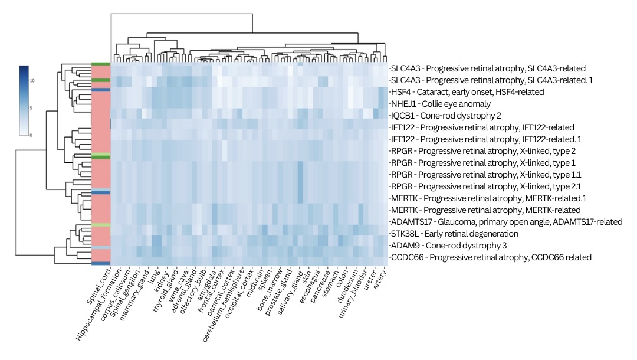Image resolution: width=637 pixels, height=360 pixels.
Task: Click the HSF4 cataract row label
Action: point(466,92)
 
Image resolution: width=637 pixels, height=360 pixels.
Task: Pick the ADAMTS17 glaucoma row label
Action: point(506,222)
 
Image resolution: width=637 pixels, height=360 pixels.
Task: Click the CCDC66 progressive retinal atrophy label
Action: point(490,257)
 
